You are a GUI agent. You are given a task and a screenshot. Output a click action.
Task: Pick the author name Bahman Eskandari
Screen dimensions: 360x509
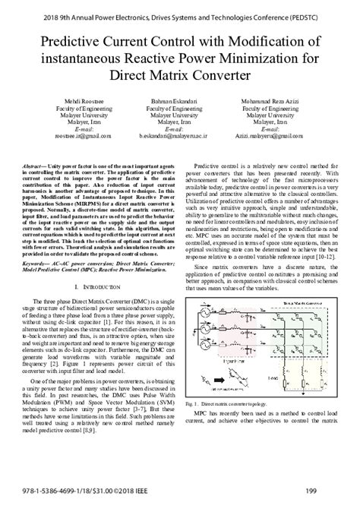click(179, 103)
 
